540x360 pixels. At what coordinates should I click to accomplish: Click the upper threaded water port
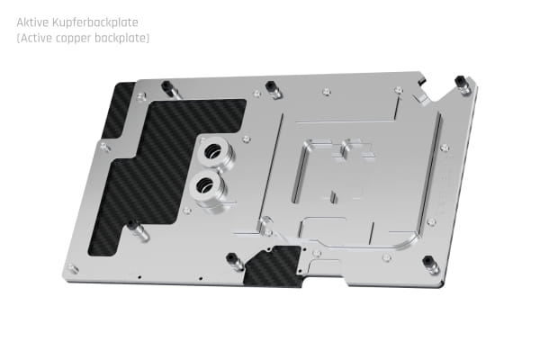coord(214,151)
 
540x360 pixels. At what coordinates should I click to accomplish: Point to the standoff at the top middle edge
coord(272,88)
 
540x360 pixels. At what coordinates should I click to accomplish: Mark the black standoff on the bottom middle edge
coord(235,262)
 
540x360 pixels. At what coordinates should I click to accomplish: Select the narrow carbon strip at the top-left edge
coord(118,108)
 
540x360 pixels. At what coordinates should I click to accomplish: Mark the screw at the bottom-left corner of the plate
coord(73,267)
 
